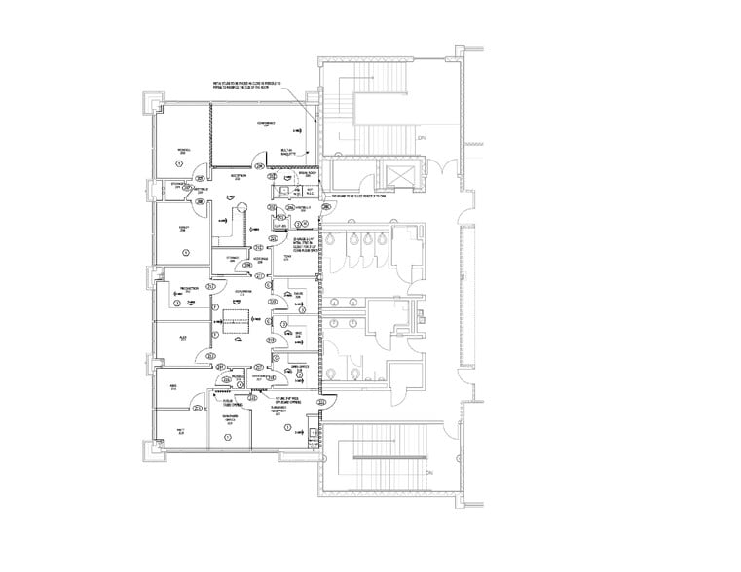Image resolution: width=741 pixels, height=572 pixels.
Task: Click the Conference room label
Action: [x=266, y=124]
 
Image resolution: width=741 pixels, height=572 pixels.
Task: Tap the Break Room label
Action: [x=310, y=174]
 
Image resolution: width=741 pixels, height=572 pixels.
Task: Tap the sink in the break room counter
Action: [x=293, y=191]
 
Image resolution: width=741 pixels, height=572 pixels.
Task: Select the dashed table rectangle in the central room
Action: [x=235, y=315]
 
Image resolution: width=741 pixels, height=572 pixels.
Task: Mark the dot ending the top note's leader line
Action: [x=315, y=119]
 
